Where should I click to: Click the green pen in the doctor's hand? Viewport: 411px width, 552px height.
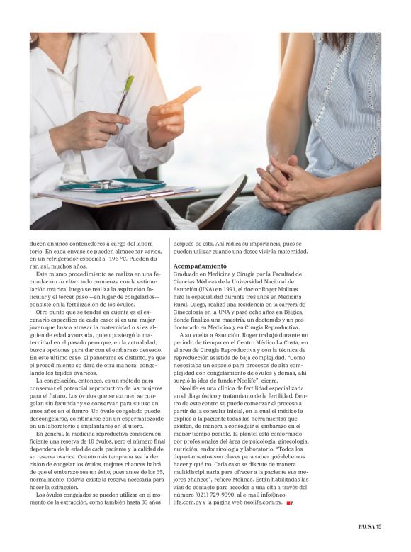point(125,93)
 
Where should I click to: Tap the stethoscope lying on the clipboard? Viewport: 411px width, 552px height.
point(106,186)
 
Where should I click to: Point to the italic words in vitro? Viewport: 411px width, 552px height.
point(88,281)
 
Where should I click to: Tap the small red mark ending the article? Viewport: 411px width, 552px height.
point(291,502)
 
